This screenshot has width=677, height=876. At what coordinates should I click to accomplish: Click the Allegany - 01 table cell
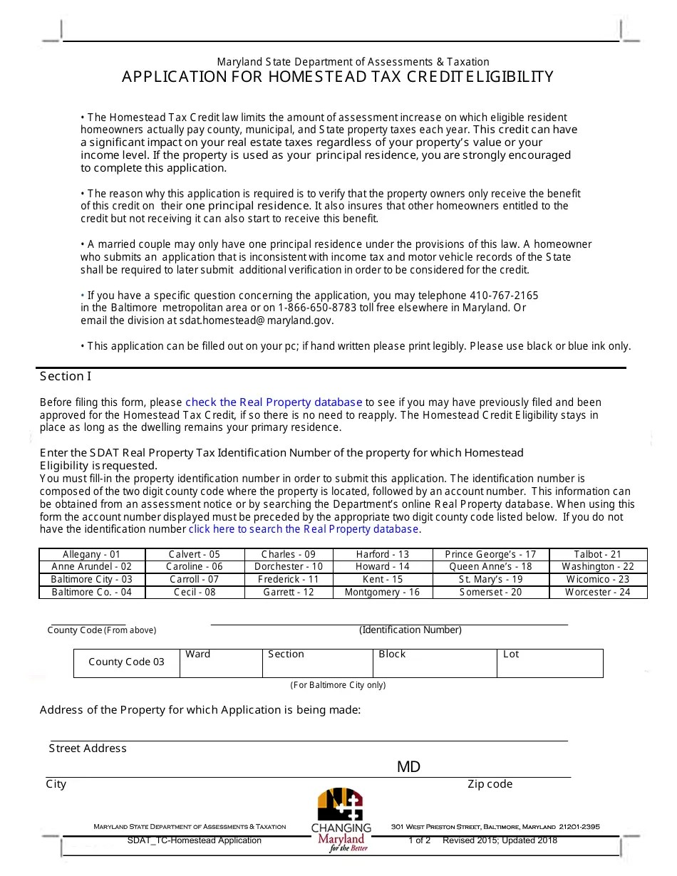pyautogui.click(x=92, y=554)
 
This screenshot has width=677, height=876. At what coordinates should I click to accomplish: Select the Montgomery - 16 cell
pyautogui.click(x=382, y=592)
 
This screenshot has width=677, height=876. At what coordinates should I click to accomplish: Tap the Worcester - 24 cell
pyautogui.click(x=597, y=592)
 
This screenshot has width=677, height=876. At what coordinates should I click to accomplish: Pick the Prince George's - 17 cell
pyautogui.click(x=490, y=554)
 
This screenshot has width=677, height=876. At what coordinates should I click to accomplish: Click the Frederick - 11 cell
pyautogui.click(x=289, y=579)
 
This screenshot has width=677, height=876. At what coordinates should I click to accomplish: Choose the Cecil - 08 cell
pyautogui.click(x=195, y=592)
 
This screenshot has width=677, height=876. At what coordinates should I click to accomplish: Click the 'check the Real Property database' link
pyautogui.click(x=274, y=402)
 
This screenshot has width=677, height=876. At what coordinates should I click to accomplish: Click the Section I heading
pyautogui.click(x=66, y=376)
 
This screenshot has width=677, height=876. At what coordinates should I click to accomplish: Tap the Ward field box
pyautogui.click(x=221, y=663)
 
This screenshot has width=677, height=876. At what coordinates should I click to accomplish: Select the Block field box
pyautogui.click(x=435, y=663)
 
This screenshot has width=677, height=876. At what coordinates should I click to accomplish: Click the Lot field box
pyautogui.click(x=550, y=663)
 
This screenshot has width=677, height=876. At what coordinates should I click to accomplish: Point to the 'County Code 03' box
pyautogui.click(x=126, y=662)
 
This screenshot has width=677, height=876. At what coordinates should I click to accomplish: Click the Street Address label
pyautogui.click(x=88, y=749)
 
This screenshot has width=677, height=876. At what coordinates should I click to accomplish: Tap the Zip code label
pyautogui.click(x=490, y=784)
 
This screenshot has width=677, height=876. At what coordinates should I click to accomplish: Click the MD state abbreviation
pyautogui.click(x=408, y=767)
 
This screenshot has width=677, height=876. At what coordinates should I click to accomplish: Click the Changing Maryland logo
pyautogui.click(x=341, y=820)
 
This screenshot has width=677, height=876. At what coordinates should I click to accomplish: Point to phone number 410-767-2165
pyautogui.click(x=504, y=296)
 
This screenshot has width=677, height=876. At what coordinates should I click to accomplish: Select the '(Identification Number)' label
pyautogui.click(x=410, y=630)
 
